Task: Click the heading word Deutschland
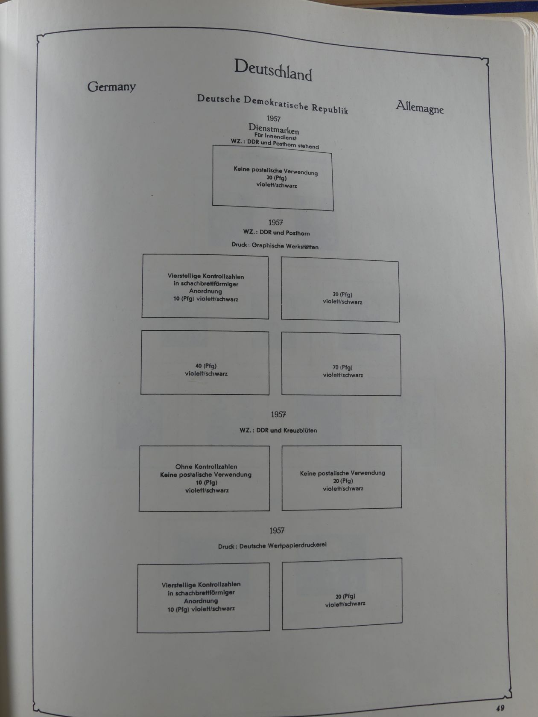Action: click(273, 70)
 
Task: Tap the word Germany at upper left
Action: click(111, 87)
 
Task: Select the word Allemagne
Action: click(419, 107)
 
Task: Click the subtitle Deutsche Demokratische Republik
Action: click(272, 104)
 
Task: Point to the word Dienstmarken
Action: click(274, 128)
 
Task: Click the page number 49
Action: click(500, 708)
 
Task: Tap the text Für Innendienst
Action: click(275, 137)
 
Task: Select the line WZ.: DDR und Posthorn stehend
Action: click(275, 144)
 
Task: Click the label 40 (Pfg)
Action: click(206, 366)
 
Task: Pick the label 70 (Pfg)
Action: click(342, 367)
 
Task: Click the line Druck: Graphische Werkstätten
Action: click(275, 246)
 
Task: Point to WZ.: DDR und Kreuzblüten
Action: click(278, 430)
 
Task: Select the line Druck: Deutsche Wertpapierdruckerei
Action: click(272, 545)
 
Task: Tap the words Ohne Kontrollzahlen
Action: click(206, 466)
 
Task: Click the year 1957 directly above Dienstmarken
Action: click(273, 119)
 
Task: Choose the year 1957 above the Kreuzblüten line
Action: click(278, 414)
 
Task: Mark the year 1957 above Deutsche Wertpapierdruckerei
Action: click(277, 530)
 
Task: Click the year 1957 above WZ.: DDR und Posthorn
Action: click(276, 222)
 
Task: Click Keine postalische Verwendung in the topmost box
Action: click(275, 171)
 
